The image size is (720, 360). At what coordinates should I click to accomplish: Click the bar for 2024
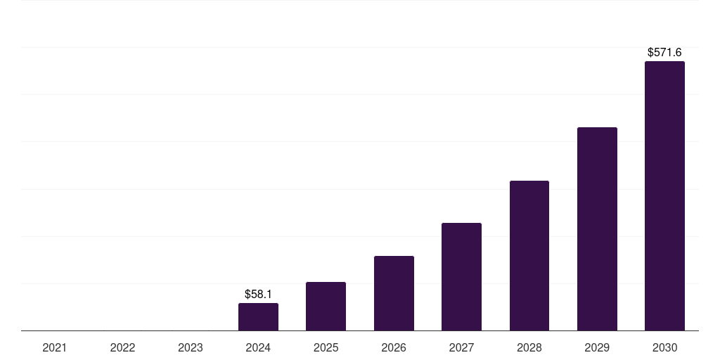point(258,317)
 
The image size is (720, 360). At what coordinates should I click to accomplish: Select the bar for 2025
point(326,307)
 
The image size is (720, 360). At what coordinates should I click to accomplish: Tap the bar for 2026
point(394,293)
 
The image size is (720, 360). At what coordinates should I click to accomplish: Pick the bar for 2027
point(461,277)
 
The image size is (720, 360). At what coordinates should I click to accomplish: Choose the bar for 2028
point(529,256)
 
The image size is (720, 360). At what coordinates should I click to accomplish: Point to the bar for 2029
point(597,229)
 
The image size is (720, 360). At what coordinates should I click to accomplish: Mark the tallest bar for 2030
point(664,196)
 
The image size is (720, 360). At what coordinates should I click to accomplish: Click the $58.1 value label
point(258,294)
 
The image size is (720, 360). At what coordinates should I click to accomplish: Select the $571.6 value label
point(664,52)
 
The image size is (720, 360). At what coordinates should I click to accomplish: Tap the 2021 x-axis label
point(55,347)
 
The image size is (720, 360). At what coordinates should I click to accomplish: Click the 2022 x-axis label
point(122,347)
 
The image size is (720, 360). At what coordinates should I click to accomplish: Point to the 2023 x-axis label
point(191,347)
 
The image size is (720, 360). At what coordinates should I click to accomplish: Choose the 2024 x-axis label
point(258,347)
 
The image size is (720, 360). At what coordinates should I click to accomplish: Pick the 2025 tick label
point(326,347)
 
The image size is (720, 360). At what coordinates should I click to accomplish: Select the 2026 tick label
point(394,347)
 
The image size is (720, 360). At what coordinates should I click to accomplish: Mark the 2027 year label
point(461,347)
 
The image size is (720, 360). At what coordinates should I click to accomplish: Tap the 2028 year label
point(529,347)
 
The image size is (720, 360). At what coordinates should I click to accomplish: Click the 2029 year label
point(597,347)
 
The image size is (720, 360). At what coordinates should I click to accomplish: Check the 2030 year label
point(664,347)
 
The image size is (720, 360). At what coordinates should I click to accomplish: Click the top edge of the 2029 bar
point(597,128)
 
